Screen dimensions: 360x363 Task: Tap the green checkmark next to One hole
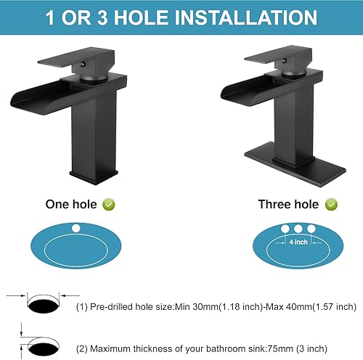(x=108, y=205)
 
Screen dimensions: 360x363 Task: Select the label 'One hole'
(x=72, y=205)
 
